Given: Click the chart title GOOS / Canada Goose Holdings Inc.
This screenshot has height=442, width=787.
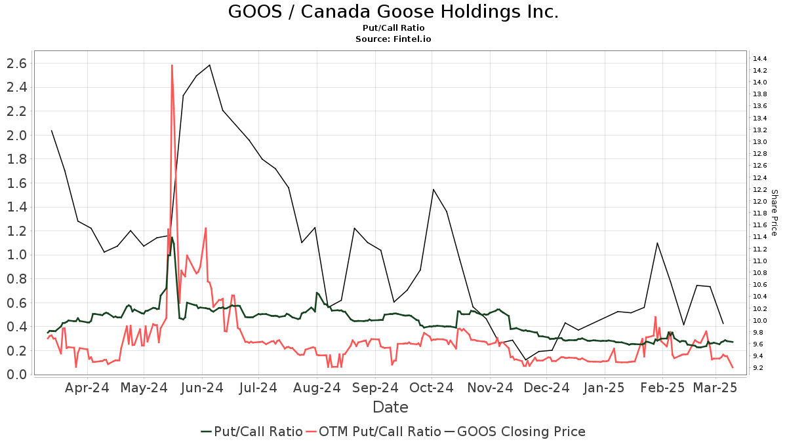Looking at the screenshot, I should click(393, 12).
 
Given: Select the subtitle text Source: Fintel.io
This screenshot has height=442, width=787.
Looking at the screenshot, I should click(393, 39).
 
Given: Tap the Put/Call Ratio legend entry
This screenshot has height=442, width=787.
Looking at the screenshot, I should click(252, 432).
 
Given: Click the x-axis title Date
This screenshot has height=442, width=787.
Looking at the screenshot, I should click(390, 407).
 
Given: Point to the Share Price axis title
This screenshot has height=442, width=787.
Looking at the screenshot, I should click(774, 213).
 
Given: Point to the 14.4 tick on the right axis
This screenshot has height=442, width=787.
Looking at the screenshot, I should click(760, 59).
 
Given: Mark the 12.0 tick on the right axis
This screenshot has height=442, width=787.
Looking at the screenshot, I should click(760, 201).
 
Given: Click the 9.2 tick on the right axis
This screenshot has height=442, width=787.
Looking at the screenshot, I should click(760, 368).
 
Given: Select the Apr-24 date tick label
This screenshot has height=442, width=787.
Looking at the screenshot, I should click(87, 388).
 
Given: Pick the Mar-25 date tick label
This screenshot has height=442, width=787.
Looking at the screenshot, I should click(716, 388).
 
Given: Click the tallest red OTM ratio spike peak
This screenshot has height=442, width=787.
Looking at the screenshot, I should click(172, 65).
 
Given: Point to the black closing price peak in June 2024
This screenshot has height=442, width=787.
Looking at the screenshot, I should click(209, 65).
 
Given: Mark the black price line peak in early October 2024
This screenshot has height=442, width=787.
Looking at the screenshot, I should click(434, 189).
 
